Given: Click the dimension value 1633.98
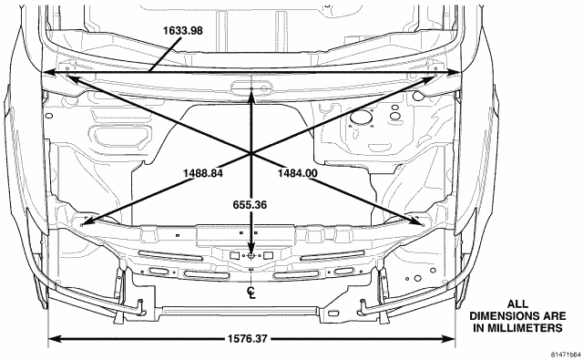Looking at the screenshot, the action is click(x=183, y=30).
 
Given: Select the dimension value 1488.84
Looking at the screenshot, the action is click(x=203, y=173).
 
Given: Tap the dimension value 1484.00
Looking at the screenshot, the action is click(x=298, y=173).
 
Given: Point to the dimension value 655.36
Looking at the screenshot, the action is click(x=250, y=205).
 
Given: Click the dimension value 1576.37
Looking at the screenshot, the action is click(x=247, y=339).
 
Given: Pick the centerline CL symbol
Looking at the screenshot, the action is click(x=251, y=293).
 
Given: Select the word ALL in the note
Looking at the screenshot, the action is click(x=517, y=304).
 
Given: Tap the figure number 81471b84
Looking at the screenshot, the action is click(x=566, y=354).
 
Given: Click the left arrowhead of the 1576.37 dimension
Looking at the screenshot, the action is click(x=55, y=339).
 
